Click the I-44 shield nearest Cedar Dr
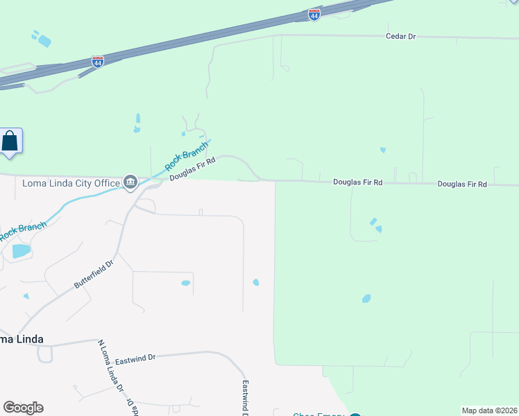pyautogui.click(x=314, y=14)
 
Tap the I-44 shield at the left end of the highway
pyautogui.click(x=97, y=62)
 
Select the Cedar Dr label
pyautogui.click(x=400, y=35)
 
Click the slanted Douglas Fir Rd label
pyautogui.click(x=193, y=169)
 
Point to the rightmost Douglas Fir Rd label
pyautogui.click(x=462, y=184)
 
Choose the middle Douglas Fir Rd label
pyautogui.click(x=357, y=182)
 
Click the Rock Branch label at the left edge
pyautogui.click(x=23, y=231)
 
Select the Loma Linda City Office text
pyautogui.click(x=71, y=183)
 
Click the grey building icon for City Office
pyautogui.click(x=130, y=182)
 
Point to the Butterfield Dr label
pyautogui.click(x=93, y=275)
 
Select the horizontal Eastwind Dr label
pyautogui.click(x=135, y=359)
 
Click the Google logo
pyautogui.click(x=23, y=408)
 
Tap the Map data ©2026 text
pyautogui.click(x=489, y=410)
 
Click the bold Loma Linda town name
pyautogui.click(x=22, y=339)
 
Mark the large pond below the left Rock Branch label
pyautogui.click(x=21, y=251)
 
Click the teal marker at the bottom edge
pyautogui.click(x=355, y=415)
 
